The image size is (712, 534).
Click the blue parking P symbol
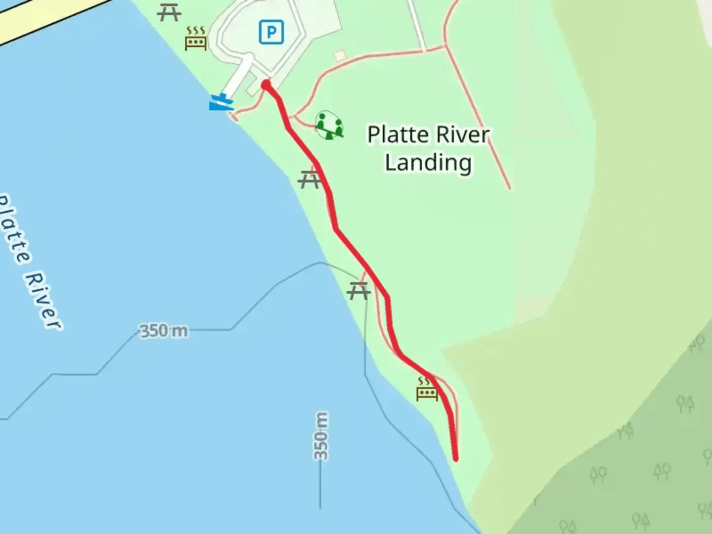coord(271,33)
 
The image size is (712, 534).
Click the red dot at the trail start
coord(266,85)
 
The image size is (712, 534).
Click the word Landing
coord(428,163)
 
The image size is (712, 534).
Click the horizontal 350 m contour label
coord(164,330)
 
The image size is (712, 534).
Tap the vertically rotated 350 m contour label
coord(321,436)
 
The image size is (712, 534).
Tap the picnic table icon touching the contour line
coord(358,291)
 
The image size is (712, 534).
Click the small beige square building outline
coord(340,56)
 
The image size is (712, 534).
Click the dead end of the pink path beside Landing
coord(509,188)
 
